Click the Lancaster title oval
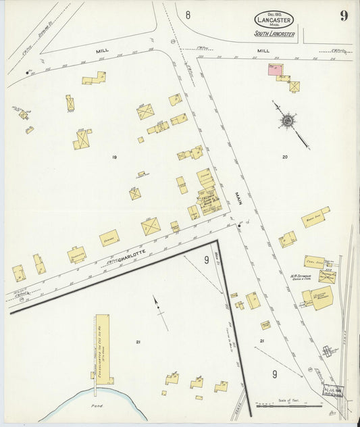tap(274, 20)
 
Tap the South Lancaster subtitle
tap(274, 34)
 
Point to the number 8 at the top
tap(188, 15)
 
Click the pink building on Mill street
tap(275, 70)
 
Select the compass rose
tap(288, 121)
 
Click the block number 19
tap(115, 157)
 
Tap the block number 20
tap(285, 157)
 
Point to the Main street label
tap(238, 199)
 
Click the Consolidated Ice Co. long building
tap(103, 348)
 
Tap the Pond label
tap(97, 408)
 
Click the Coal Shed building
tap(314, 261)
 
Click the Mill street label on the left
tap(102, 51)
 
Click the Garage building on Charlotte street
tap(109, 238)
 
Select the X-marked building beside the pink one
tap(294, 86)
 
